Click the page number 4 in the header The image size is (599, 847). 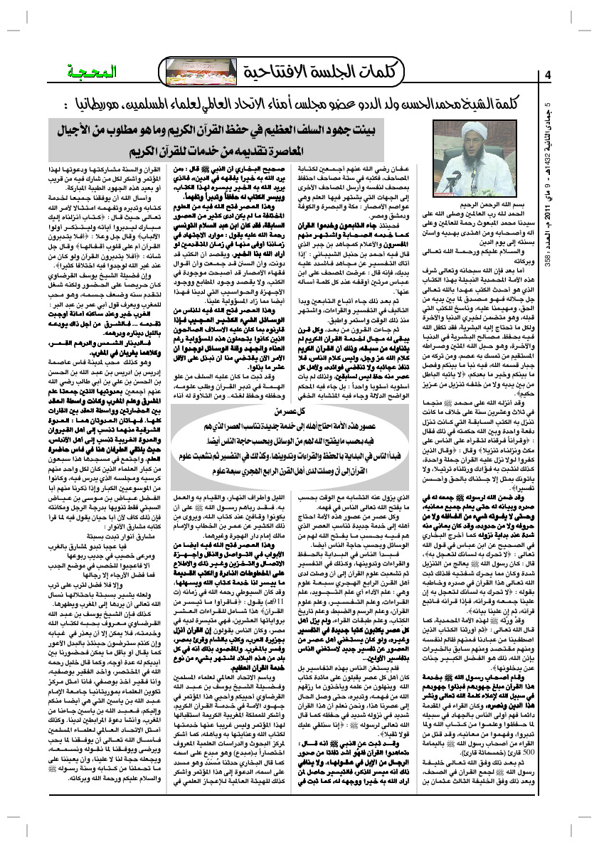click(548, 75)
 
